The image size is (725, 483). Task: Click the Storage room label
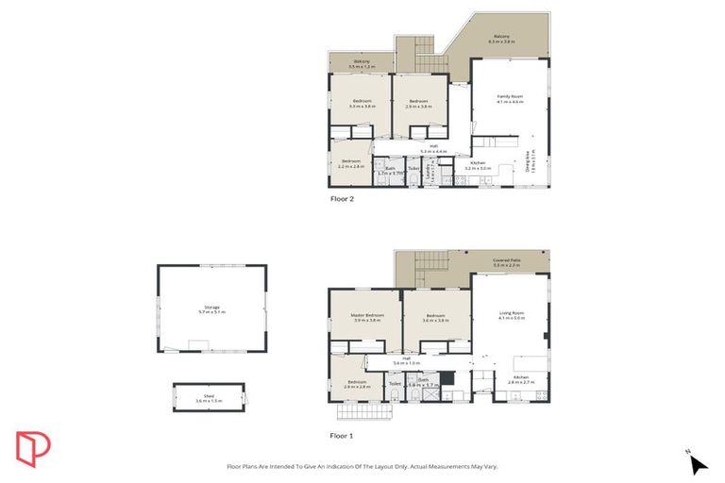coord(211,308)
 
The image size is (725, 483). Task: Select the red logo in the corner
coord(33,448)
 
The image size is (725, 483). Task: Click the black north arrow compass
coord(698,463)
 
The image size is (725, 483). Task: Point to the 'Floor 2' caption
coord(344,199)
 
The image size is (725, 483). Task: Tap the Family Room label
coord(511,98)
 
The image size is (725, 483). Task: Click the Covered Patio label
coord(507,262)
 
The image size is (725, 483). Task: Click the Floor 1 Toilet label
coord(395,384)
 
